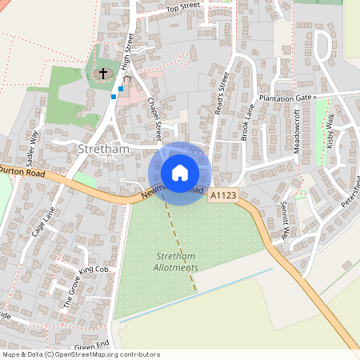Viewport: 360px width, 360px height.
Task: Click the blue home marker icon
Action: click(180, 173)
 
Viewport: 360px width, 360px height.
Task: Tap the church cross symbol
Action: click(102, 74)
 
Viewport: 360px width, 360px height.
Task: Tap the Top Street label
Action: click(182, 7)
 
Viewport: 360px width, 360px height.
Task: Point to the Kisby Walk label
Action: click(330, 131)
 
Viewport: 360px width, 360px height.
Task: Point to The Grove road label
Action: click(71, 291)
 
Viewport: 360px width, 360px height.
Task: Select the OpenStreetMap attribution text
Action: click(81, 354)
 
